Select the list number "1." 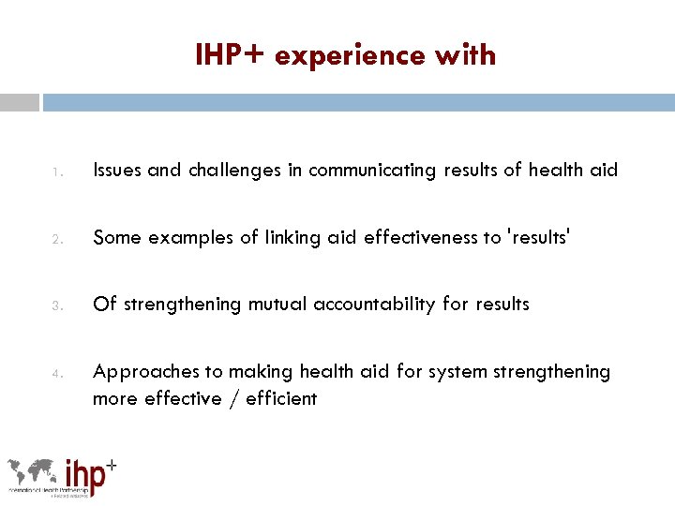tap(57, 171)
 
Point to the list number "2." tap(57, 238)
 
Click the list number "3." tap(57, 305)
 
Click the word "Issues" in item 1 tap(116, 171)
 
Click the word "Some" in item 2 tap(117, 237)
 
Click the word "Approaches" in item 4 tap(146, 372)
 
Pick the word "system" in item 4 tap(459, 372)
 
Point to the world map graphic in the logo tap(34, 473)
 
